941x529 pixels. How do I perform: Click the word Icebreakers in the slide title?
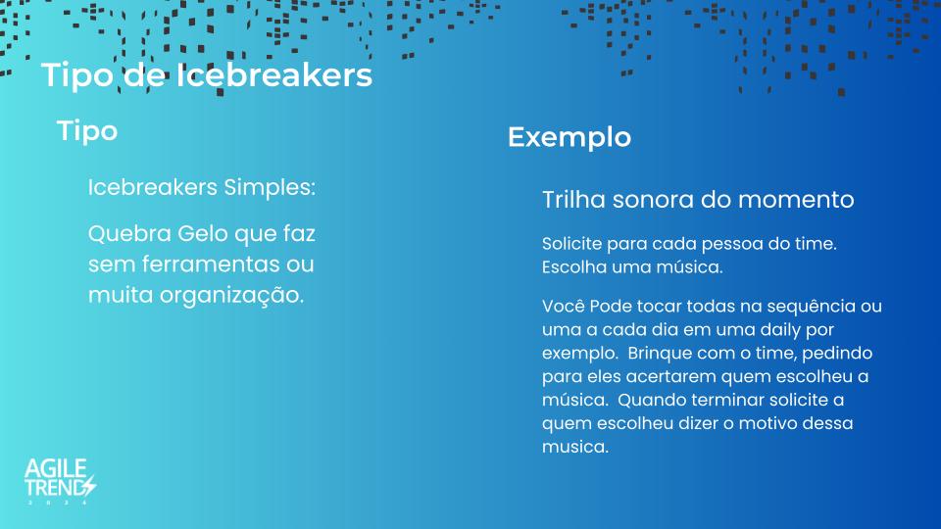coord(274,75)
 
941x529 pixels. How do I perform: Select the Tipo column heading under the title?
coord(87,130)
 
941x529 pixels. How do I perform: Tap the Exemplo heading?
coord(570,137)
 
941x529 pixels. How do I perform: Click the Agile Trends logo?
coord(60,481)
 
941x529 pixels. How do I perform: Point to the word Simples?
coord(270,187)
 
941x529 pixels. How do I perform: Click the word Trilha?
coord(573,200)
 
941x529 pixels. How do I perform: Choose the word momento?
coord(796,200)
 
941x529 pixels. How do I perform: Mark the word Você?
coord(563,306)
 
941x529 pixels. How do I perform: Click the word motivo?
coord(766,423)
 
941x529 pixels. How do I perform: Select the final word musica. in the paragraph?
coord(575,447)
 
